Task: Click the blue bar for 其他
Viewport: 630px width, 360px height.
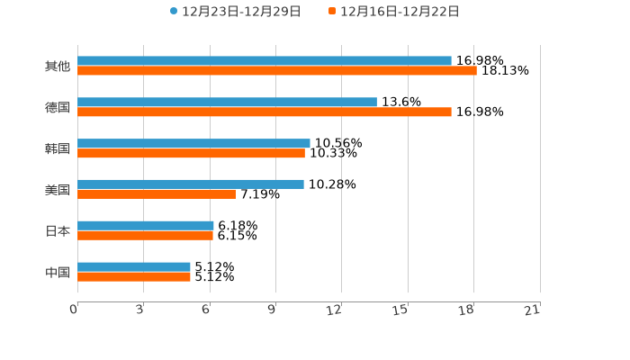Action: pyautogui.click(x=265, y=60)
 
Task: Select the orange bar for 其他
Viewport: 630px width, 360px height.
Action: pyautogui.click(x=277, y=70)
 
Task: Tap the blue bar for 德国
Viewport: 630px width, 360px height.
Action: pyautogui.click(x=227, y=102)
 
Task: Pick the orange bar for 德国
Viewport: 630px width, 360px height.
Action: pyautogui.click(x=265, y=112)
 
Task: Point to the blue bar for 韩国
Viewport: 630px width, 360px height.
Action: pyautogui.click(x=193, y=143)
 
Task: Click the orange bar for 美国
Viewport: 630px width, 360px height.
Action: pyautogui.click(x=157, y=193)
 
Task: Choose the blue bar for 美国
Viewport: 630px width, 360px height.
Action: pyautogui.click(x=191, y=184)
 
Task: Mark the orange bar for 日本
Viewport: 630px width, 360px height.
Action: pyautogui.click(x=145, y=235)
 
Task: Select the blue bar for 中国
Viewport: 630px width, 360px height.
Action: pyautogui.click(x=134, y=266)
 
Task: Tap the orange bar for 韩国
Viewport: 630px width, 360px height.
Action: pyautogui.click(x=191, y=153)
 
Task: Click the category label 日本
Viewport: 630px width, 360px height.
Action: pyautogui.click(x=58, y=230)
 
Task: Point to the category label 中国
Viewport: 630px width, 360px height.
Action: pyautogui.click(x=58, y=272)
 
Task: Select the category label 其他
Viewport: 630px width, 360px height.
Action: pyautogui.click(x=58, y=66)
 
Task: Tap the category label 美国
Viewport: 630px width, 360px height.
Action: pyautogui.click(x=58, y=189)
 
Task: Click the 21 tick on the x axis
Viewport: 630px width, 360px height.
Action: pyautogui.click(x=533, y=310)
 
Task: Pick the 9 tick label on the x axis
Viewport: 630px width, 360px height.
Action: pyautogui.click(x=271, y=310)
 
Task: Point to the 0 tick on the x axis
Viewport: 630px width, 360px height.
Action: pyautogui.click(x=74, y=310)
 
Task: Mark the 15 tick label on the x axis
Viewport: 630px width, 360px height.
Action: pyautogui.click(x=400, y=310)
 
